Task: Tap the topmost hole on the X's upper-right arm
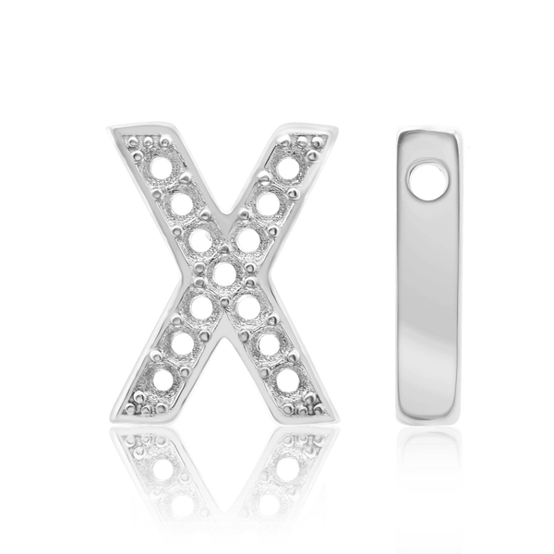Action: (288, 171)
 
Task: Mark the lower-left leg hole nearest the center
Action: (199, 306)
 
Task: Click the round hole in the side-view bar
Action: (428, 178)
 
